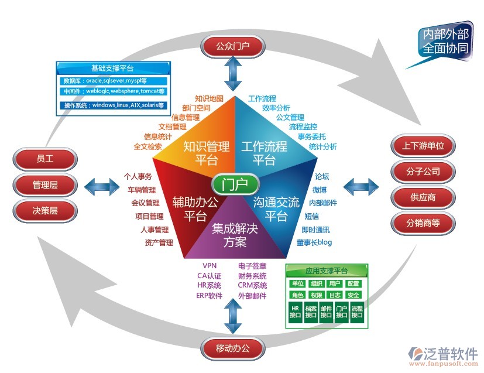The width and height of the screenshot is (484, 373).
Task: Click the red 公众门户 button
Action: pos(232,45)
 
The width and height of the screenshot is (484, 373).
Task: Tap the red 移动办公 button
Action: pos(232,349)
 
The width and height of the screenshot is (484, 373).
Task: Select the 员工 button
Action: pos(45,159)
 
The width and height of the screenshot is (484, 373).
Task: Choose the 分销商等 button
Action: pos(423,223)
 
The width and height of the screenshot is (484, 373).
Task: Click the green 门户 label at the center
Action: pos(235,184)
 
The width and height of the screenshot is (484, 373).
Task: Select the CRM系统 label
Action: pos(252,285)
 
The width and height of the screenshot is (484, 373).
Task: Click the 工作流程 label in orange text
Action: pos(262,99)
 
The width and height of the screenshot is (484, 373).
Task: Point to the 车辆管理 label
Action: pos(141,190)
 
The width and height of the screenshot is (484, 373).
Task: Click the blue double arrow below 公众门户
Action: pos(232,73)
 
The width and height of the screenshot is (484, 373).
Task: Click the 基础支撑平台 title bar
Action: pos(112,68)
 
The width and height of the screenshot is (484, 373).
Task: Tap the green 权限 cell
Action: pos(316,295)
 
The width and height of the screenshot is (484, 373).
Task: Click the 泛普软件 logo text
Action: pos(452,353)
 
